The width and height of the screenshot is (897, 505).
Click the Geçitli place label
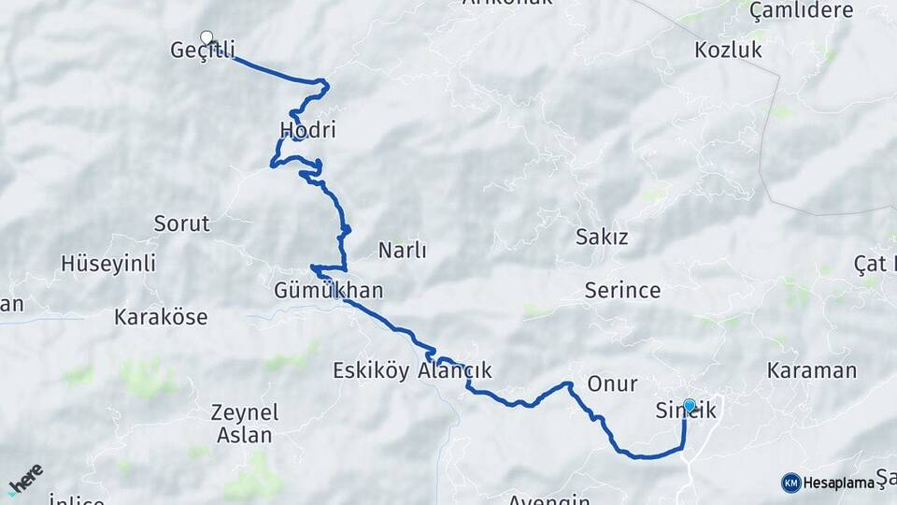click(x=203, y=50)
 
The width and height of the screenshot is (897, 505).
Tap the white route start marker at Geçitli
click(x=206, y=38)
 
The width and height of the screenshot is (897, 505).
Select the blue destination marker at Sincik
click(x=690, y=405)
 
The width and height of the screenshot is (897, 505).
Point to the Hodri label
click(x=307, y=130)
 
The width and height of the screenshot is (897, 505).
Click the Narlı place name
click(x=402, y=250)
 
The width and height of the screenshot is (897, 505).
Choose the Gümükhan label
click(x=328, y=290)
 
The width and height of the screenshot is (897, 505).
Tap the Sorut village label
click(x=182, y=224)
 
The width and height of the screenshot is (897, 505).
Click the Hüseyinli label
click(x=108, y=263)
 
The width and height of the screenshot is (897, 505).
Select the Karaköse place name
click(x=161, y=316)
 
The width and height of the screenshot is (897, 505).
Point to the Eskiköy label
click(x=371, y=370)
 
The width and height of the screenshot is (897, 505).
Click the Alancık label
click(x=455, y=370)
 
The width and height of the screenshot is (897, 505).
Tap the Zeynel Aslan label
click(x=245, y=423)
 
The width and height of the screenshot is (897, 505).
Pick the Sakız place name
click(x=602, y=237)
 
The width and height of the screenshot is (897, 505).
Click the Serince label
click(x=622, y=289)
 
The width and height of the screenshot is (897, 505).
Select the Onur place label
click(x=613, y=383)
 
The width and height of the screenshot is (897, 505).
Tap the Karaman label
click(x=811, y=369)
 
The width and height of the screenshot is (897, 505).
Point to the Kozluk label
click(x=729, y=50)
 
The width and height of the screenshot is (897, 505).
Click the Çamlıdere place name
click(x=801, y=10)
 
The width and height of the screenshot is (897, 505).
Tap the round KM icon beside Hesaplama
click(x=790, y=483)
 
